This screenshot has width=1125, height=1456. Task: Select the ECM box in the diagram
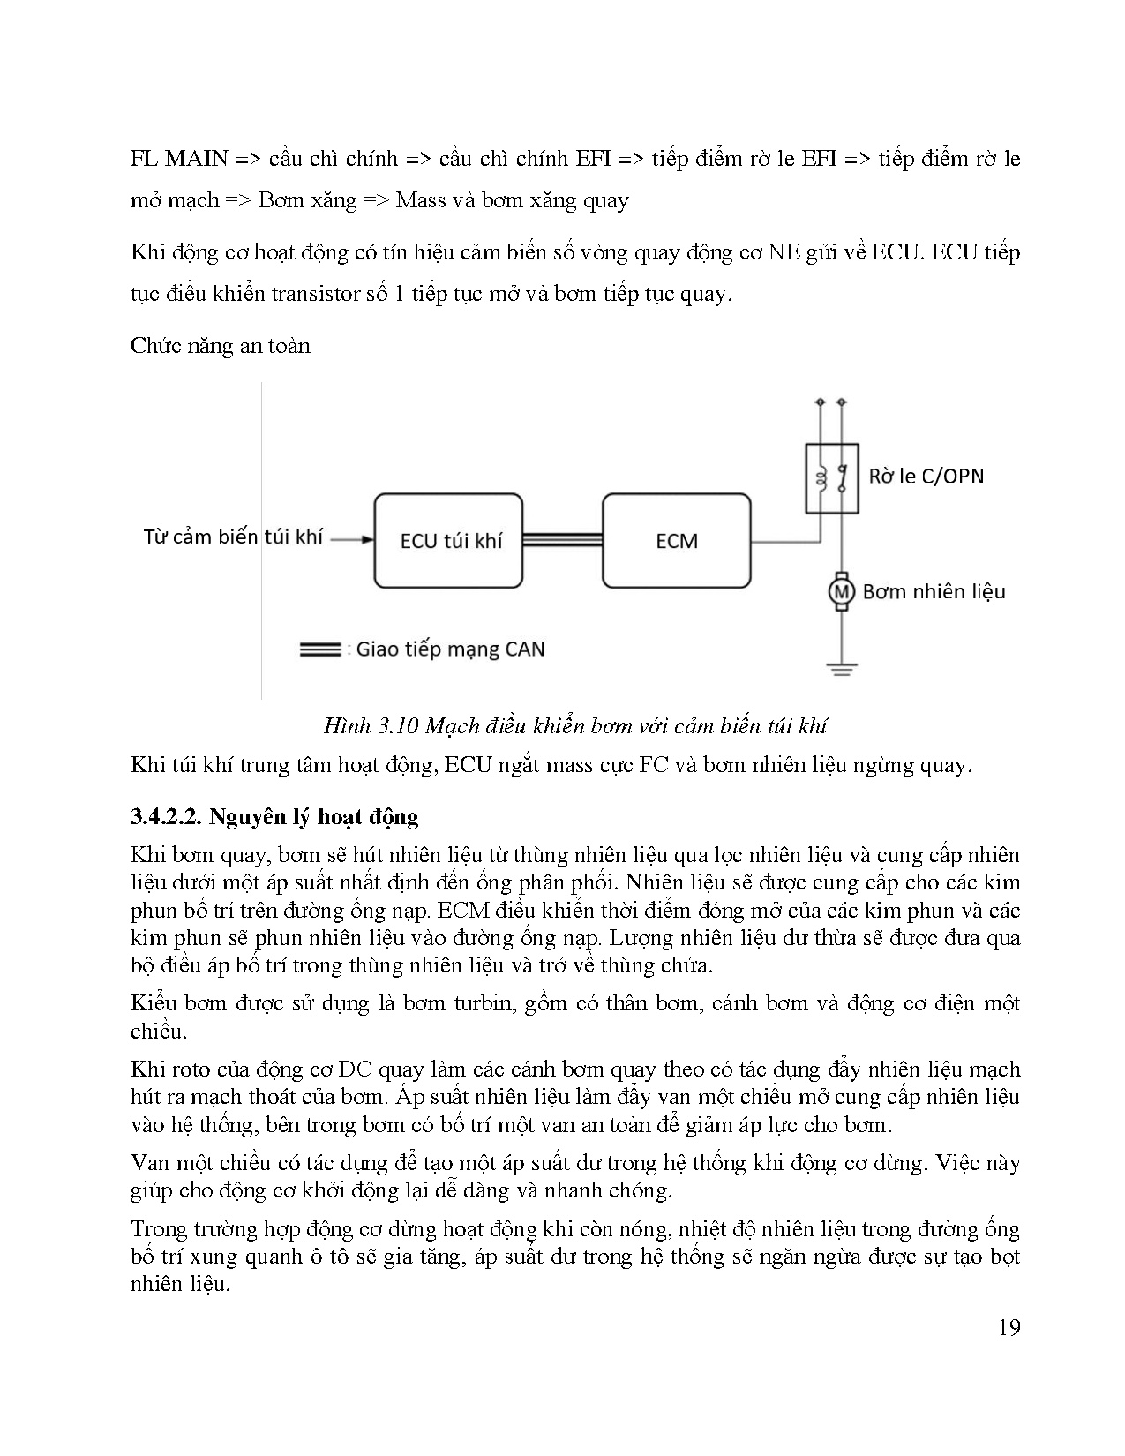click(677, 541)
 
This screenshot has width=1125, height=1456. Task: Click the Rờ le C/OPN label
click(926, 477)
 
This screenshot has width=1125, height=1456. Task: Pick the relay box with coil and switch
click(831, 477)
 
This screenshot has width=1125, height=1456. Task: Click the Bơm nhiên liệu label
click(934, 591)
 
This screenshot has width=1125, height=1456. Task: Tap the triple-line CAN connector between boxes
click(562, 541)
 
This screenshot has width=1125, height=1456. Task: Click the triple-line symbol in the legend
click(320, 649)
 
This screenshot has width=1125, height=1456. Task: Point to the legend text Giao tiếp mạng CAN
click(450, 649)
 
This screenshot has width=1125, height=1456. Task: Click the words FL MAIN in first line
click(179, 160)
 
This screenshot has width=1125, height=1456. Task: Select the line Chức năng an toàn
click(221, 345)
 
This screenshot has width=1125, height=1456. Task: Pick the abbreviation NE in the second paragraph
click(782, 252)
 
